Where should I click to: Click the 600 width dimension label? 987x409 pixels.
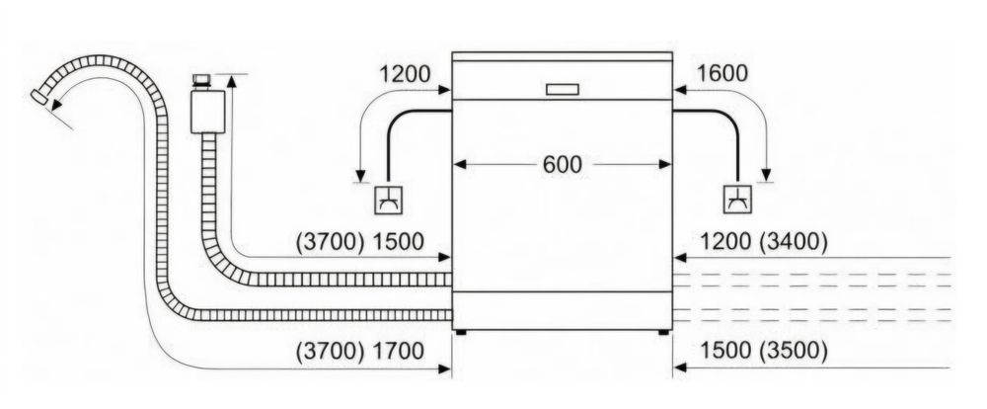pyautogui.click(x=563, y=164)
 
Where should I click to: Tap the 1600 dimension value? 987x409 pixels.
pyautogui.click(x=722, y=74)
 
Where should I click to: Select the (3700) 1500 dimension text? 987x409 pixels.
pyautogui.click(x=360, y=241)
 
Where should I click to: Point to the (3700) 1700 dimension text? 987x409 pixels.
pyautogui.click(x=360, y=351)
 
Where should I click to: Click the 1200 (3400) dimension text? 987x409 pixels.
pyautogui.click(x=764, y=241)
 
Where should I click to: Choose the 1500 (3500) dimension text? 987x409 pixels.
pyautogui.click(x=764, y=351)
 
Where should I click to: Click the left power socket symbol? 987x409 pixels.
pyautogui.click(x=388, y=200)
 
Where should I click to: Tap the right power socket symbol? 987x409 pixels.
pyautogui.click(x=737, y=200)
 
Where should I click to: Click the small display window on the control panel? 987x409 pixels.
pyautogui.click(x=563, y=90)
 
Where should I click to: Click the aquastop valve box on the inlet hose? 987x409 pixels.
pyautogui.click(x=207, y=112)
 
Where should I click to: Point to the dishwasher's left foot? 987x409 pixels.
pyautogui.click(x=461, y=332)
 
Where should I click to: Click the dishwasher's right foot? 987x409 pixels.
pyautogui.click(x=663, y=332)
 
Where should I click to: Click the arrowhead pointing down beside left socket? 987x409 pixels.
pyautogui.click(x=360, y=176)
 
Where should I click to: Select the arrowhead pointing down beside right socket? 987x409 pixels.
pyautogui.click(x=766, y=175)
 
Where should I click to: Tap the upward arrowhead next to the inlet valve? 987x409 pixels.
pyautogui.click(x=231, y=81)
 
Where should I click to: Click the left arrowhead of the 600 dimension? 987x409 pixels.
pyautogui.click(x=460, y=164)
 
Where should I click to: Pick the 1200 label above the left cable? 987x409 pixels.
pyautogui.click(x=405, y=74)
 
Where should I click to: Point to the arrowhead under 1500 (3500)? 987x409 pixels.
pyautogui.click(x=680, y=368)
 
